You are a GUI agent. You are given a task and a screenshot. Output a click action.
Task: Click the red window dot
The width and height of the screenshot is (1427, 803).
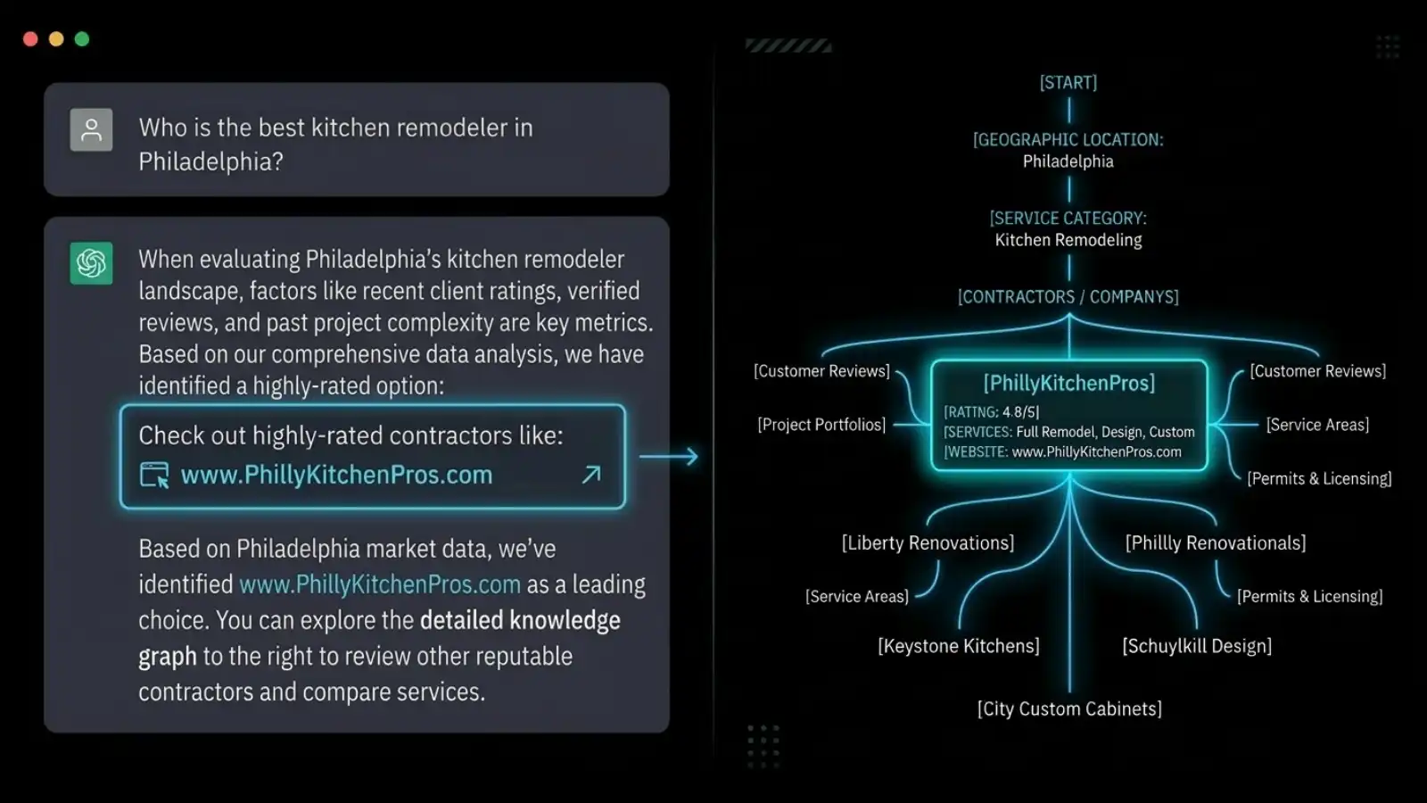(30, 39)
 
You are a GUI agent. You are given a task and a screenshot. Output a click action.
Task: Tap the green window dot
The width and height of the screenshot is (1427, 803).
(82, 39)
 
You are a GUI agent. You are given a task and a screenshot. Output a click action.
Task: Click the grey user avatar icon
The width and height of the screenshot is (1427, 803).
(91, 130)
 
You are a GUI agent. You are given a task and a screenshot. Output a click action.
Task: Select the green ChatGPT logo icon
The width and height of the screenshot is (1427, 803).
(91, 263)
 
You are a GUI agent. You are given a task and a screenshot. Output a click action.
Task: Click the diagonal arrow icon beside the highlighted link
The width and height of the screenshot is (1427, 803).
(591, 475)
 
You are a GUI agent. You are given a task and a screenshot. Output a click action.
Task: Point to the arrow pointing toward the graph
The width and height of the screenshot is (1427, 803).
(669, 457)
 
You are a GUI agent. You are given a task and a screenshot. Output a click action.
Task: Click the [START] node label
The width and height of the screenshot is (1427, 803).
(1068, 83)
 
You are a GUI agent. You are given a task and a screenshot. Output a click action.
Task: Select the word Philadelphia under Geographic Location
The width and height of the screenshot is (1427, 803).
(1068, 161)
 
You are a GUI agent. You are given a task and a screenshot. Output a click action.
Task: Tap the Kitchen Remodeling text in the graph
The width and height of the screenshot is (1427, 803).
(1068, 240)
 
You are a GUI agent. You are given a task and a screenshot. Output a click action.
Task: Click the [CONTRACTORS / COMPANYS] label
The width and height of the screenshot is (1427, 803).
(1068, 297)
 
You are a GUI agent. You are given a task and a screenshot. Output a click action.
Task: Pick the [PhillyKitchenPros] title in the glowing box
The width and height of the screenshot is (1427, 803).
(1069, 384)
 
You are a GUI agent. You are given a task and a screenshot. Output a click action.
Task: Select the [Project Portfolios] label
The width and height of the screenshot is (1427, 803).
(821, 425)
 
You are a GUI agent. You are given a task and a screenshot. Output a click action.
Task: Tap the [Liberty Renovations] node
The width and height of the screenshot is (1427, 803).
(928, 543)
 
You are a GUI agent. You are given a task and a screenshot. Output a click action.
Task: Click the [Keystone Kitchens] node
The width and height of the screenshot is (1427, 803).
(959, 646)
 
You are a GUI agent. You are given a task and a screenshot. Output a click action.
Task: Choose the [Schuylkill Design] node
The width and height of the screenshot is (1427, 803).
(1197, 646)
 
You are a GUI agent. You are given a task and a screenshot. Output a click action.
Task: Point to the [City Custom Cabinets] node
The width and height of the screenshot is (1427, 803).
(1069, 709)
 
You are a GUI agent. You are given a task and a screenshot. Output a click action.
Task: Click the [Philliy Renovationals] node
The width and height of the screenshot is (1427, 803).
(1216, 543)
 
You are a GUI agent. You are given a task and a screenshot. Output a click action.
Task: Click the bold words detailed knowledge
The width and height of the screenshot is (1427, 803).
(520, 620)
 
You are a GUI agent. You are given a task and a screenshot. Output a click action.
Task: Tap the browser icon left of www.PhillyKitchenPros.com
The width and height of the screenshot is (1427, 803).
(154, 475)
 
